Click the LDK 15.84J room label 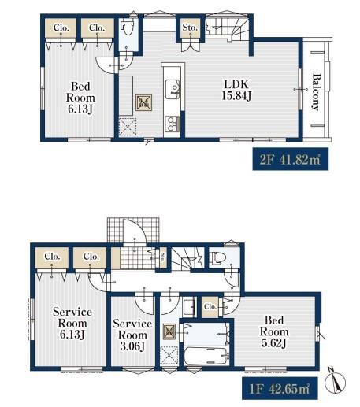(x=236, y=90)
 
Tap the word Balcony (x=317, y=92)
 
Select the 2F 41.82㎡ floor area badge (x=290, y=159)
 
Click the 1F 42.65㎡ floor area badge (x=280, y=388)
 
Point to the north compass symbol (x=335, y=382)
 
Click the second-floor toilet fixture (x=127, y=28)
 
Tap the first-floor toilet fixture (x=218, y=257)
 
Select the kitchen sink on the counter (x=173, y=89)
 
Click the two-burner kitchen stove (x=172, y=124)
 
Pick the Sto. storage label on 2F (x=190, y=28)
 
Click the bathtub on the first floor (x=206, y=356)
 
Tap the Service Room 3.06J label (x=132, y=335)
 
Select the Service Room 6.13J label (x=72, y=323)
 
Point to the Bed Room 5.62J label (x=274, y=331)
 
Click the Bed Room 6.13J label (x=80, y=98)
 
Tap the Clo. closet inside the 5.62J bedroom (x=210, y=306)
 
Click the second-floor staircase (x=227, y=28)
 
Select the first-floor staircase (x=187, y=258)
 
